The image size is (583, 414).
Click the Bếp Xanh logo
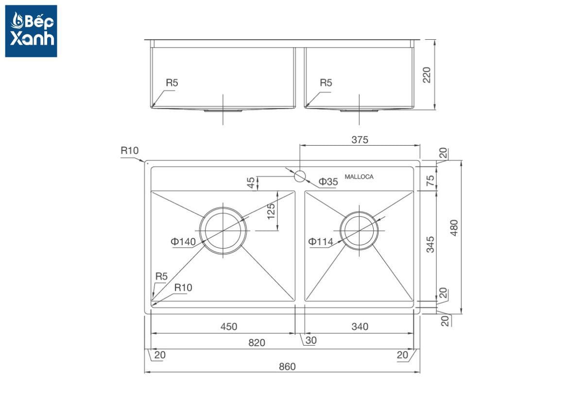click(x=31, y=31)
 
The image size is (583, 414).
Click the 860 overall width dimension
click(x=287, y=366)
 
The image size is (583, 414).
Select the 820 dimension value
click(x=257, y=343)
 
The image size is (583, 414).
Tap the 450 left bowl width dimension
click(x=229, y=327)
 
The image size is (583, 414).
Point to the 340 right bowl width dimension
click(x=360, y=327)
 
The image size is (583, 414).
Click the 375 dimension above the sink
click(x=360, y=140)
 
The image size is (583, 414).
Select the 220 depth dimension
click(x=427, y=75)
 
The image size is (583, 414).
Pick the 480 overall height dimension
click(x=454, y=228)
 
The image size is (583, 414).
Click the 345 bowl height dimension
click(x=430, y=245)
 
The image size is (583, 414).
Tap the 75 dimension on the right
click(x=430, y=181)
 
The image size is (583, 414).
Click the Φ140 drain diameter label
click(x=183, y=242)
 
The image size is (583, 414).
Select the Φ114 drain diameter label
click(x=320, y=242)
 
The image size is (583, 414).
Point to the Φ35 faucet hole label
click(x=328, y=182)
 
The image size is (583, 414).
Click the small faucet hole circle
click(x=300, y=176)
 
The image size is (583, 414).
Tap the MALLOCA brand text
click(x=359, y=177)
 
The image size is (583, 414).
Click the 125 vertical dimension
click(x=271, y=211)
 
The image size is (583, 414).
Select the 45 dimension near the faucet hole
click(x=250, y=182)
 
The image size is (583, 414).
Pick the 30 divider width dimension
click(x=311, y=340)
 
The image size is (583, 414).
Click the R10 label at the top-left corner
click(x=130, y=150)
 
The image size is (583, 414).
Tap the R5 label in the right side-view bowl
click(x=326, y=83)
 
